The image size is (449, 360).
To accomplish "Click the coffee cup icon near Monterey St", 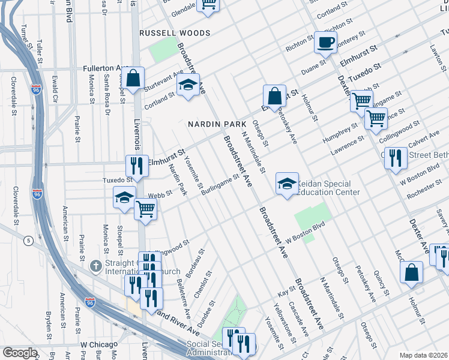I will coord(325,43).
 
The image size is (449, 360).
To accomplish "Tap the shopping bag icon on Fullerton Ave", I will coord(134,78).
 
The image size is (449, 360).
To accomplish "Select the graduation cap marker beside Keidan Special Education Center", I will coord(287,183).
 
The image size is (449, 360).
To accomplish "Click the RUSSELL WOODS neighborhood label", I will coord(174,33).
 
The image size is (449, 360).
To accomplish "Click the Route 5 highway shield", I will coord(28,241).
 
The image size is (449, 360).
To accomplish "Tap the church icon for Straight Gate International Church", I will coord(95,265).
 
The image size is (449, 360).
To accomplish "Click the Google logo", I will coord(20,352).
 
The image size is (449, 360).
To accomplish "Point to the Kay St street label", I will coord(283,289).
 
